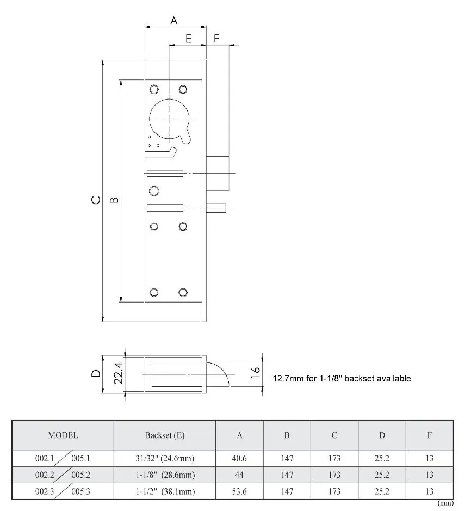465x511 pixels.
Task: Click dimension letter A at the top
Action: tap(174, 21)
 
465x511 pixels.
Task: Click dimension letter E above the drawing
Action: tap(189, 39)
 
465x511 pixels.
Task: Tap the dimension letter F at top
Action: tap(216, 39)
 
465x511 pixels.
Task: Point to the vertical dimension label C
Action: tap(96, 200)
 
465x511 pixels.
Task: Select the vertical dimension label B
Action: tap(114, 200)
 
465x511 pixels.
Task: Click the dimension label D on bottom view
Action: tap(96, 373)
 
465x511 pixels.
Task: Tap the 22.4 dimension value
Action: tap(118, 374)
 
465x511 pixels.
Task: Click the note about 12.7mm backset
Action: tap(341, 378)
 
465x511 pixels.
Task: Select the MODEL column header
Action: tap(63, 435)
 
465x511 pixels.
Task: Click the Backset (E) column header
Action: tap(165, 435)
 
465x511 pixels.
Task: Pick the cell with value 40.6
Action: tap(239, 459)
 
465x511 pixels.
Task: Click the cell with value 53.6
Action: tap(239, 491)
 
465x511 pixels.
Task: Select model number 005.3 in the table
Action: tap(80, 491)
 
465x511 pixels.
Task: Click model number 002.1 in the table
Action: tap(45, 459)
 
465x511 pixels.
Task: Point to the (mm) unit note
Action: tap(445, 503)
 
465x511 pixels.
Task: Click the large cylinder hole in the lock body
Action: tap(169, 118)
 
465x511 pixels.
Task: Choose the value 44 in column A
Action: tap(239, 475)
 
